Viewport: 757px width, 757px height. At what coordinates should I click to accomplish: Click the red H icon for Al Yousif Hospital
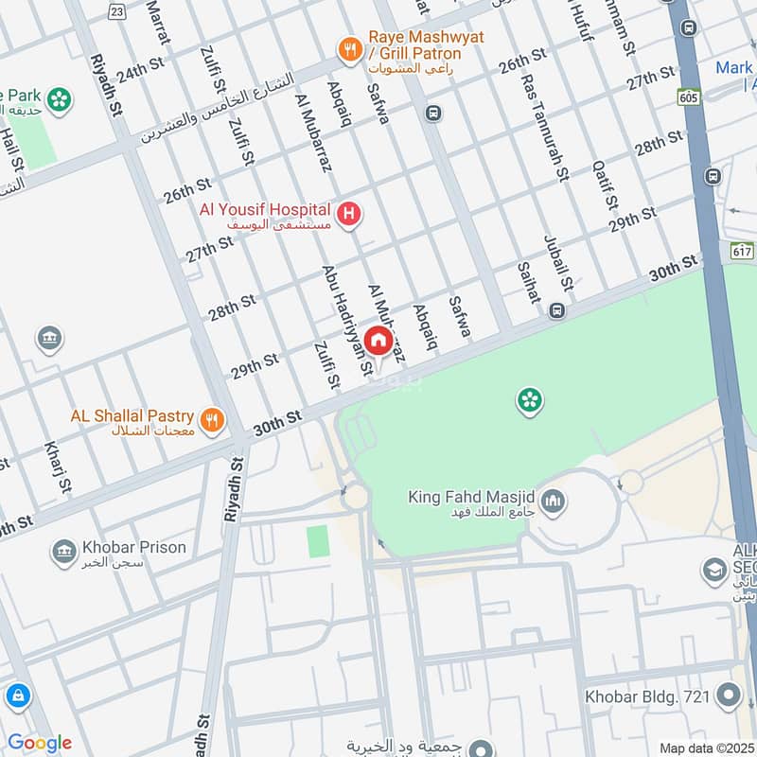349,216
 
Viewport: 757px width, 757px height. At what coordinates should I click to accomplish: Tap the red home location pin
378,342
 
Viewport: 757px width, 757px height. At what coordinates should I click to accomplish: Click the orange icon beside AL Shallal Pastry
213,418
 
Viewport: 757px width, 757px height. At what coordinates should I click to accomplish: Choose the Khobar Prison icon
64,552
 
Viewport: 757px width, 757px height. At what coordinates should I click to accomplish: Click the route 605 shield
687,97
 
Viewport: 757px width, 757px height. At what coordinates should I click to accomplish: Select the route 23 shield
116,10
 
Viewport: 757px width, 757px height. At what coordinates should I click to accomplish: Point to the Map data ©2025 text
707,748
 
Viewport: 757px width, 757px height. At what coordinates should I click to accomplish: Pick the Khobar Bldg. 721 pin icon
728,697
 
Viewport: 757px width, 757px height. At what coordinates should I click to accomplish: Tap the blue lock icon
17,697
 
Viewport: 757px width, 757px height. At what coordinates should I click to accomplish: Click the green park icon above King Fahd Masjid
529,400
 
